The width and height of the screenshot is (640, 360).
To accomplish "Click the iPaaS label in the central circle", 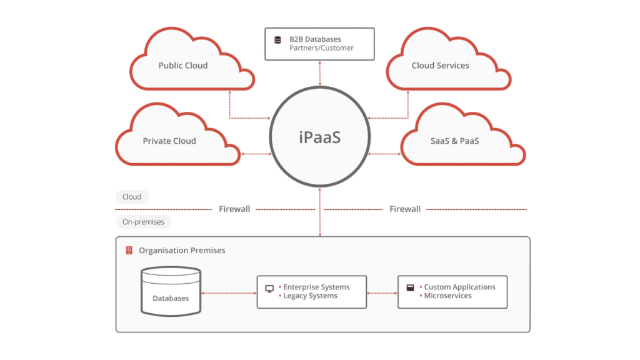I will tap(319, 137).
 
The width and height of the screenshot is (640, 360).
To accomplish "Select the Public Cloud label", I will tap(182, 66).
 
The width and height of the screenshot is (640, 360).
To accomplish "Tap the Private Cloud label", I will tap(169, 141).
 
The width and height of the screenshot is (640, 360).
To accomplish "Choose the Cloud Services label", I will tap(440, 66).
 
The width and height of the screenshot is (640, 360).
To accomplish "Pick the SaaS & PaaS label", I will tap(454, 141).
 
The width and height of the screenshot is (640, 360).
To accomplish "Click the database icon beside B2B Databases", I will tap(277, 40).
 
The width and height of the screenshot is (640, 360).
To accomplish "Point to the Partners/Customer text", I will tap(321, 48).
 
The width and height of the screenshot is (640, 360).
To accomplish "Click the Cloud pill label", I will tap(132, 197).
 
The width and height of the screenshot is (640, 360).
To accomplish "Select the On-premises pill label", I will tap(143, 222).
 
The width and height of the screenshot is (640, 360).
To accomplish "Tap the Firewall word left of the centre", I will tap(234, 209).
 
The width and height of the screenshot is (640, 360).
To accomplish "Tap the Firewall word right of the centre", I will tap(405, 209).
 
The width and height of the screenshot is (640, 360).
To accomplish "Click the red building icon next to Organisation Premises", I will tap(129, 251).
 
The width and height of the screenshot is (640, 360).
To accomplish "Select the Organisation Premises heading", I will tap(182, 251).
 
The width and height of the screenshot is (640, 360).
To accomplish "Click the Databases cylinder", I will tap(171, 291).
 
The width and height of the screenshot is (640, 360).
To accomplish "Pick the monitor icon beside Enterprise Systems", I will tap(269, 289).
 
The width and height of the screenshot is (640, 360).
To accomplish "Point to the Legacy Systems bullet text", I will tap(310, 296).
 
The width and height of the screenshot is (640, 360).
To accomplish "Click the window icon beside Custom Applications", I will tap(411, 288).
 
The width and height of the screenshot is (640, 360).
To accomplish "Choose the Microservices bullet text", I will tap(447, 296).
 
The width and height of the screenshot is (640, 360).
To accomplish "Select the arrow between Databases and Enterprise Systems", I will tap(229, 292).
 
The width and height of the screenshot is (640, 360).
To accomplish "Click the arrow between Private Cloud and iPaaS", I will tap(254, 154).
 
